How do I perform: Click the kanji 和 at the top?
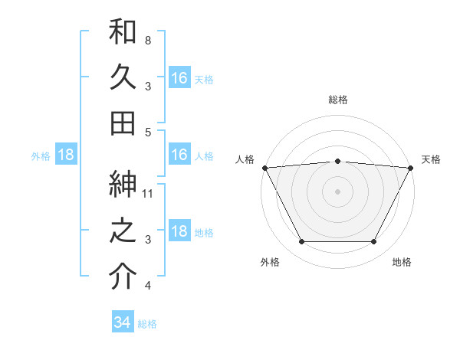pos(123,32)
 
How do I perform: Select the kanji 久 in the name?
pos(123,77)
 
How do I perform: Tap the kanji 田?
pos(123,123)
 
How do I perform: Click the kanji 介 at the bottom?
pos(123,277)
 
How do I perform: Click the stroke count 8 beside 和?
pos(148,40)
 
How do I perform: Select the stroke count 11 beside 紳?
pos(148,193)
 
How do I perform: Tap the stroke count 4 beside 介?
pos(148,286)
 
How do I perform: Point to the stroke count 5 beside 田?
pos(148,132)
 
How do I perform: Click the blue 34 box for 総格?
pos(122,322)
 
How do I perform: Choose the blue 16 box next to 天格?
pos(179,78)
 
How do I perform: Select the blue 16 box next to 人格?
pos(179,155)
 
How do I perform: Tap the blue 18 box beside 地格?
pos(179,232)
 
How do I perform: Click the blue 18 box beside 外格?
pos(66,155)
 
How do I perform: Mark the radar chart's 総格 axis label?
pos(338,100)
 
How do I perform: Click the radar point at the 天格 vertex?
pos(412,168)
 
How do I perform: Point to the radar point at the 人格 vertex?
pos(264,168)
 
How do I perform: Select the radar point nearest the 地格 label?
pos(374,242)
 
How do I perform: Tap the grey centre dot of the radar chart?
pos(338,191)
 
